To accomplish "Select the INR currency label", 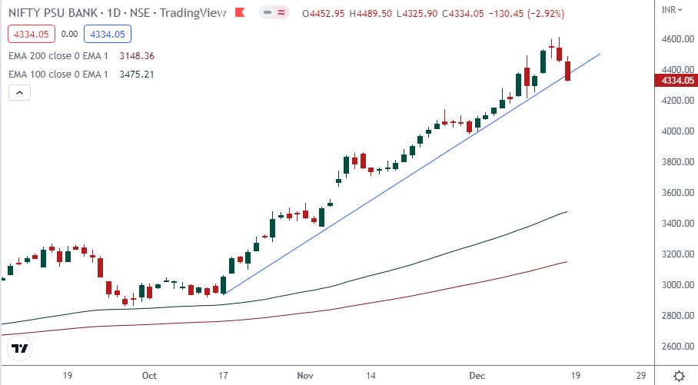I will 670,9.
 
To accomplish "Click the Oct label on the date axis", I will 149,376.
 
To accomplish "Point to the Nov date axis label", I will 305,376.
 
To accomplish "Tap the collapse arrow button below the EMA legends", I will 19,93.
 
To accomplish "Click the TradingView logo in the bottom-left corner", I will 21,348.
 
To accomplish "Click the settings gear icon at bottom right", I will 679,376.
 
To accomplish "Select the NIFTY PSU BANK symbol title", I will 48,13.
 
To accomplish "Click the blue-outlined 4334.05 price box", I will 108,34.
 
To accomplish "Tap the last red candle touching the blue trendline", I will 568,71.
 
